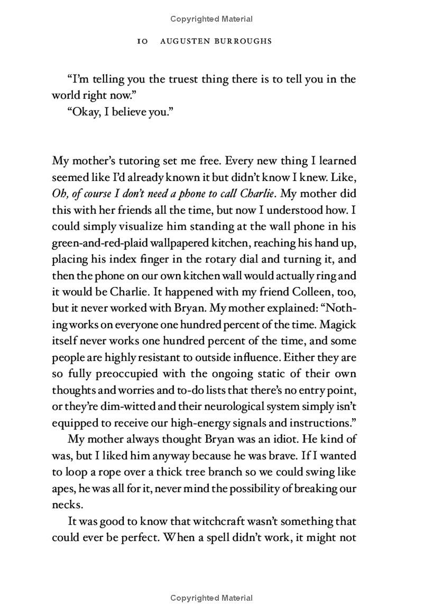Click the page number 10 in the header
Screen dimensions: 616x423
pyautogui.click(x=142, y=41)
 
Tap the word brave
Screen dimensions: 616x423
pyautogui.click(x=273, y=456)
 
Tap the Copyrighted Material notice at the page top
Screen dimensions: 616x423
pyautogui.click(x=212, y=19)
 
